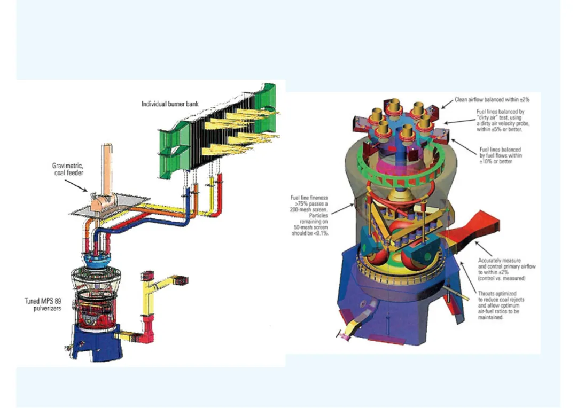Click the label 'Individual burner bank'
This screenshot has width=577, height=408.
(x=170, y=104)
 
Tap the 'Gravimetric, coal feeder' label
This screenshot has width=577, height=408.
(x=68, y=169)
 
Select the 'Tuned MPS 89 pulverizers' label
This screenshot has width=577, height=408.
(x=43, y=304)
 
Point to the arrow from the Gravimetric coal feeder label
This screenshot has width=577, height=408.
(x=76, y=185)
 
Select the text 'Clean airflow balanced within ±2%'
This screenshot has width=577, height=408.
(x=492, y=100)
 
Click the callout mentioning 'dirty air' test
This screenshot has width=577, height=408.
(x=503, y=120)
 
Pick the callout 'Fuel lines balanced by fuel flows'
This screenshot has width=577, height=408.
(x=501, y=155)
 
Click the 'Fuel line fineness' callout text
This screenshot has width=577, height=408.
(x=309, y=216)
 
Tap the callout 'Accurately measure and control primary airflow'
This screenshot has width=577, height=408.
(x=506, y=269)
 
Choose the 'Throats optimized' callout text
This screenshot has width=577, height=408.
(x=501, y=305)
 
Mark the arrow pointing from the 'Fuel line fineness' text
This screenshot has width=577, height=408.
(x=343, y=208)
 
